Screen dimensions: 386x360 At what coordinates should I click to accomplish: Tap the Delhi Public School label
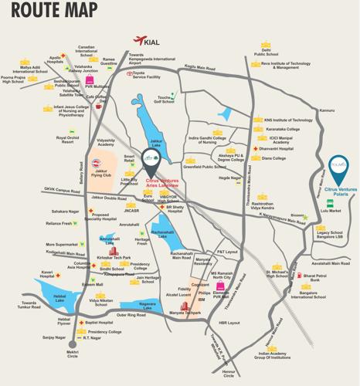pos(267,52)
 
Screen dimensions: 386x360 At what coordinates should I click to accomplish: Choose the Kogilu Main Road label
pos(200,68)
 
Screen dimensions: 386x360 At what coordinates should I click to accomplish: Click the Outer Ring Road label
pos(131,315)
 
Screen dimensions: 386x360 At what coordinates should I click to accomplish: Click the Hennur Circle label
pos(228,374)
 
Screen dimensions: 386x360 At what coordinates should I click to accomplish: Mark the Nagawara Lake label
pos(141,304)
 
